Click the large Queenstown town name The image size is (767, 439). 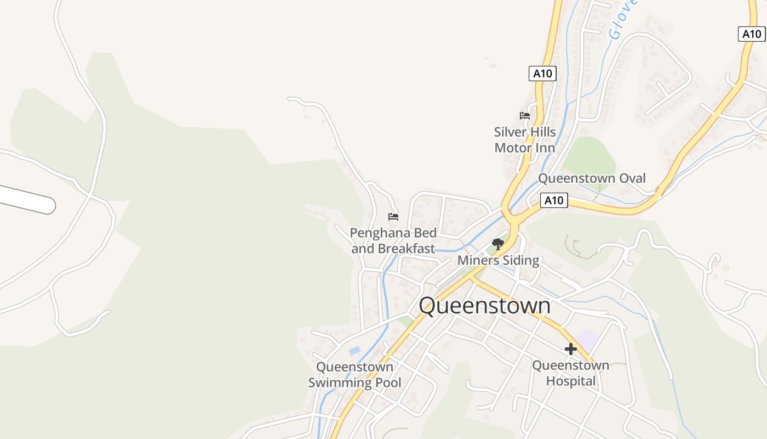pos(484,306)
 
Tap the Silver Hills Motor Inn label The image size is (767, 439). pos(525,140)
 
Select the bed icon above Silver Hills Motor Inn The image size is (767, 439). pos(525,116)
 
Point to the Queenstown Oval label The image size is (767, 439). pos(592,178)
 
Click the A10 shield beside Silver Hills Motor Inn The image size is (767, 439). pos(542,74)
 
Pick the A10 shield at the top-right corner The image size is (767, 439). pos(752,34)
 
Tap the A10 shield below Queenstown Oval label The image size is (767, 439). pos(553,200)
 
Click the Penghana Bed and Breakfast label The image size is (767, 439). pos(393,241)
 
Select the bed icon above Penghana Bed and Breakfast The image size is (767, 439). pos(393,217)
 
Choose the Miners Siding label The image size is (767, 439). pos(498,261)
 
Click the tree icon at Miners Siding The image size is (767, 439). pos(497,244)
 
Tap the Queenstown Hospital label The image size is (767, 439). pos(570,373)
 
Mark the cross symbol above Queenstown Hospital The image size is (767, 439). pos(571,349)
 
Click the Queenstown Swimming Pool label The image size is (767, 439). pos(354,375)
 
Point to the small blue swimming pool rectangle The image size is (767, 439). pos(354,350)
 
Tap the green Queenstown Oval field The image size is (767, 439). pos(589,156)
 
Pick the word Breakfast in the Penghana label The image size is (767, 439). pos(407,249)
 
